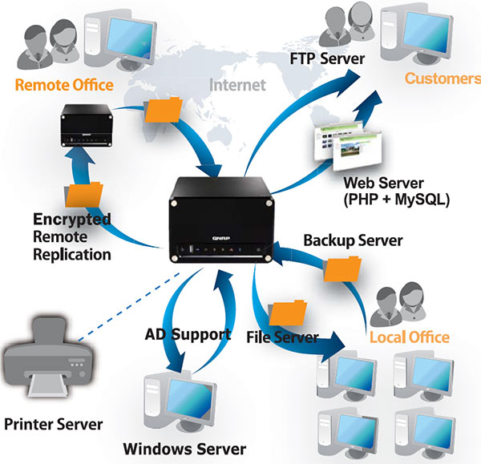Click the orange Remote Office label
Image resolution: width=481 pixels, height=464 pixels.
pos(64,84)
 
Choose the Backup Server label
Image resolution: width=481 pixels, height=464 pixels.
pos(352,240)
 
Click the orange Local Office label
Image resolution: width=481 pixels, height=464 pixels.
pos(410,337)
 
